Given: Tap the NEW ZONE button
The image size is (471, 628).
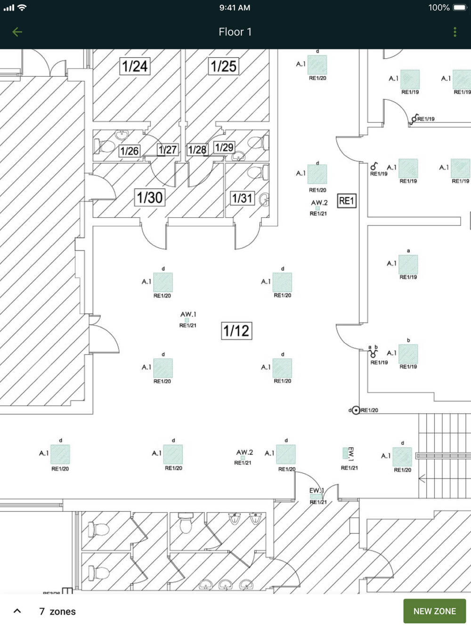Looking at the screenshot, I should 434,611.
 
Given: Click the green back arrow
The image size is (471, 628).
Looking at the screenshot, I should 17,32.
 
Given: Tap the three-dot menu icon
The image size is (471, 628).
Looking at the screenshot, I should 455,32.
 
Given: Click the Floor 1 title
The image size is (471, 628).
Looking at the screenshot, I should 235,32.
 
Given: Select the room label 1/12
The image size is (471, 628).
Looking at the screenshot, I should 236,330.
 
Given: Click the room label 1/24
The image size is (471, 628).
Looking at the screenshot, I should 135,66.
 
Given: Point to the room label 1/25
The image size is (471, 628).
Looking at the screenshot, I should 223,66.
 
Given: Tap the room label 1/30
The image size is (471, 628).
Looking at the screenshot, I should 150,197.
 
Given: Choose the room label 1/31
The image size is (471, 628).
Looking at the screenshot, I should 242,198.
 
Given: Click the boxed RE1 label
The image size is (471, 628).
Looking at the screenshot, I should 347,201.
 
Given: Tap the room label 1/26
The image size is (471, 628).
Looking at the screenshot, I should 129,151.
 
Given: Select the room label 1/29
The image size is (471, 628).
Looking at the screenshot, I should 224,147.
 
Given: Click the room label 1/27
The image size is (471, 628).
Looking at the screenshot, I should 167,150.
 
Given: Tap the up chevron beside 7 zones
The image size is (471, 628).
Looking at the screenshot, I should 17,611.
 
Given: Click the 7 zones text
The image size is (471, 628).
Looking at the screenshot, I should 57,612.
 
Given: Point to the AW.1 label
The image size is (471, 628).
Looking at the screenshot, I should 188,314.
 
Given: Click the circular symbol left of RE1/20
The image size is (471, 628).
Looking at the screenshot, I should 356,411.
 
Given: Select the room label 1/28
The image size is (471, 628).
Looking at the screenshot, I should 197,150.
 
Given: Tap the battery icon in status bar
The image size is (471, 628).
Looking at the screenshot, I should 459,8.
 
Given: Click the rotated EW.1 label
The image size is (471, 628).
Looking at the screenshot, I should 351,454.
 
